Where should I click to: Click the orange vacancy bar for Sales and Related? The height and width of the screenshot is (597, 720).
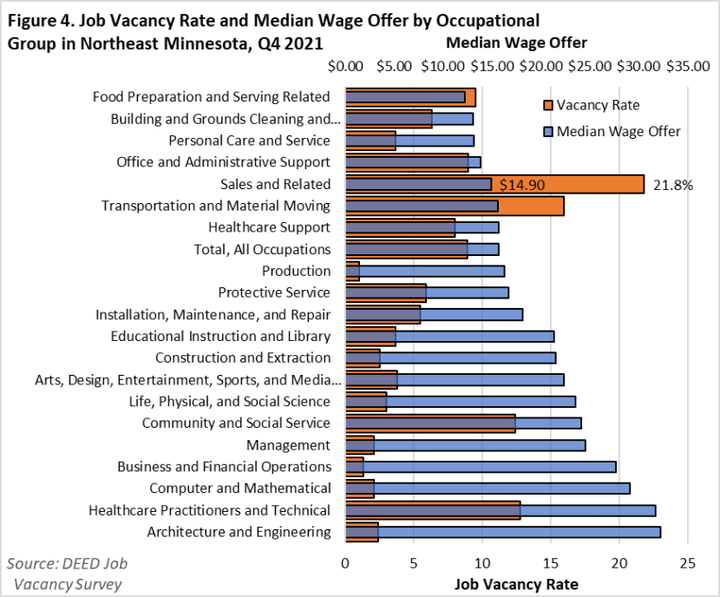[590, 184]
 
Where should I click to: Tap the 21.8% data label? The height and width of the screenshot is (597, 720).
[672, 184]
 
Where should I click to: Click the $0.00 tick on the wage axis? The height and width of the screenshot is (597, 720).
[346, 66]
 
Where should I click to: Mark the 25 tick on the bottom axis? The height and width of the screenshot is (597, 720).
[688, 563]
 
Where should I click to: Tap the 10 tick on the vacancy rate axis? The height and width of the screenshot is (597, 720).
[482, 563]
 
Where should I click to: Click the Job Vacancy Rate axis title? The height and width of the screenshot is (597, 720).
[516, 582]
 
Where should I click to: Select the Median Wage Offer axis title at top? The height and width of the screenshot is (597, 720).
[516, 43]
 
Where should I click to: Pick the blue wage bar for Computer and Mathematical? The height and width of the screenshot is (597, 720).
[503, 489]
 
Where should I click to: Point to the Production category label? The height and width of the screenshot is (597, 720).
[296, 271]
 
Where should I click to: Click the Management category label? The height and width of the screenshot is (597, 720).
[288, 445]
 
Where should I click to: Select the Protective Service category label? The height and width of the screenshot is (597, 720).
[274, 292]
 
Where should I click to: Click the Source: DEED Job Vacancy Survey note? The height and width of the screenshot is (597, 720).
[69, 574]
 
